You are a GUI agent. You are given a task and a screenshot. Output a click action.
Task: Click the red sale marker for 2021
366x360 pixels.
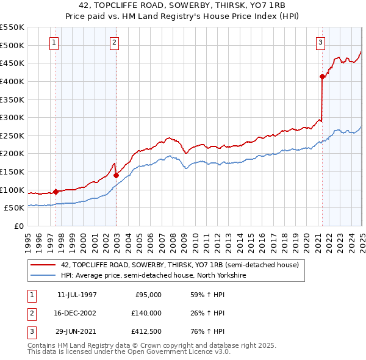tap(322, 76)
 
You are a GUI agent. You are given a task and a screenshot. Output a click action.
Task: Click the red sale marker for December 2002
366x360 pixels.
tap(116, 175)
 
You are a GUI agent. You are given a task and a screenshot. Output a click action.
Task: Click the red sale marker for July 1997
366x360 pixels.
tap(56, 192)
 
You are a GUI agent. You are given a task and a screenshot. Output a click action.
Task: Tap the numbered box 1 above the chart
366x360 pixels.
tap(55, 42)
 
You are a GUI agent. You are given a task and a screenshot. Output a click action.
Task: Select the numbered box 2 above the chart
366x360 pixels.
tap(115, 42)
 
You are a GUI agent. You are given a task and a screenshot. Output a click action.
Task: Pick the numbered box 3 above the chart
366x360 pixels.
tap(320, 42)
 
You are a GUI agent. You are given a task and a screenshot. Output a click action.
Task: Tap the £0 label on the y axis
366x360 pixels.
tap(19, 226)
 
